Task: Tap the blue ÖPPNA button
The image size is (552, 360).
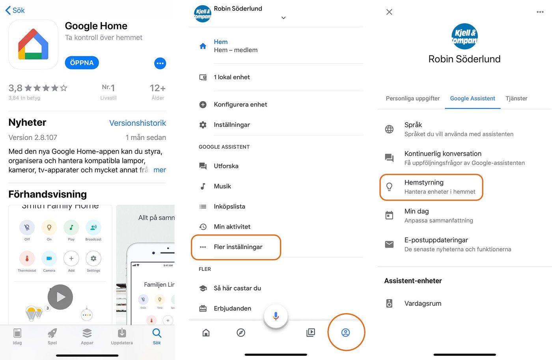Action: click(82, 63)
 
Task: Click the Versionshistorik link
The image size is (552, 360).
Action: click(137, 123)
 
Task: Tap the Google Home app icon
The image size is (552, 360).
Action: click(34, 45)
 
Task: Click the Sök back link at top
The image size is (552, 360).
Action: click(15, 10)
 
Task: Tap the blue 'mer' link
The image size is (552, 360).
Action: click(159, 170)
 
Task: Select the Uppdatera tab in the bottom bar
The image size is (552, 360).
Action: click(122, 336)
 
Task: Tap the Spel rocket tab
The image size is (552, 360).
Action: click(52, 336)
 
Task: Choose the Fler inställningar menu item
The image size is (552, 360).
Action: click(238, 247)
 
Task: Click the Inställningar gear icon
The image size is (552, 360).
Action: click(203, 125)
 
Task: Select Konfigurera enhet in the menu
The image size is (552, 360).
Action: click(240, 104)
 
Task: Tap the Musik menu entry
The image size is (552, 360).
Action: click(222, 186)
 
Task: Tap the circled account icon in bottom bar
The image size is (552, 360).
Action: click(345, 332)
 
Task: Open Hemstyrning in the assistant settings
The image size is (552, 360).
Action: click(424, 187)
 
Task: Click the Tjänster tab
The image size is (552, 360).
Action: click(516, 99)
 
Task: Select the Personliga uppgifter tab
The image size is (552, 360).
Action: click(412, 99)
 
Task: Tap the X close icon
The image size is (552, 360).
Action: click(389, 12)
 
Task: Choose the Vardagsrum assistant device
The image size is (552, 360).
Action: click(423, 303)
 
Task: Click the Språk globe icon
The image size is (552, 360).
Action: click(389, 129)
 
